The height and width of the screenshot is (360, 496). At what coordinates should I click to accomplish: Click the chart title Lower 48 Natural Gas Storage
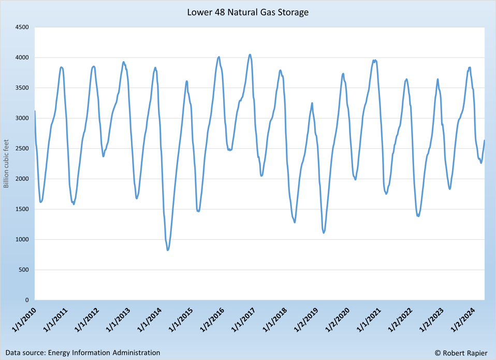247,11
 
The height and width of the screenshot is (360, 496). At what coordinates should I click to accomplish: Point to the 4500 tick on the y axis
21,27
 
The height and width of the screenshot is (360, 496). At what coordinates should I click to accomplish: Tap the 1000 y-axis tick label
21,239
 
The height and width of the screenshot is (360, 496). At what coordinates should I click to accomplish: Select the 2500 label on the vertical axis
21,149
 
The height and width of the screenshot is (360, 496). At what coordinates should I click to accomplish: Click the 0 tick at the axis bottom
26,300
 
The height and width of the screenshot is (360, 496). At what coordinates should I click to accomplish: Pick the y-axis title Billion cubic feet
7,163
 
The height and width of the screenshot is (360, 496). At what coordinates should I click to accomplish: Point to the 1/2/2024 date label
461,320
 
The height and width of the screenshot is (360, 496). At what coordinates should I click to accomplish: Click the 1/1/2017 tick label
242,320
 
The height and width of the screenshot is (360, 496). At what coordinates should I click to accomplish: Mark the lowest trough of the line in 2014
168,250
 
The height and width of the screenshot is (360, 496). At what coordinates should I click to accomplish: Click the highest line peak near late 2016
250,54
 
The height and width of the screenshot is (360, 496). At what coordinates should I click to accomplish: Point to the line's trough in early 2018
295,222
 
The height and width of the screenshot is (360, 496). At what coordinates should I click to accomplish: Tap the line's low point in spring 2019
324,233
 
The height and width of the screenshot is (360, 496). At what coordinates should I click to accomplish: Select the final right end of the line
485,140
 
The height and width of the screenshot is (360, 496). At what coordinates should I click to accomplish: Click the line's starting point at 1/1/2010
35,111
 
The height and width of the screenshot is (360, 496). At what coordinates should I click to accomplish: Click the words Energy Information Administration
104,353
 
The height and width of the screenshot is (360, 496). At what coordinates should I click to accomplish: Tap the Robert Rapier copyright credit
461,353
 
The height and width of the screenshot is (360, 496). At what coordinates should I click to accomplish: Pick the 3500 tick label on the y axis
21,88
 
